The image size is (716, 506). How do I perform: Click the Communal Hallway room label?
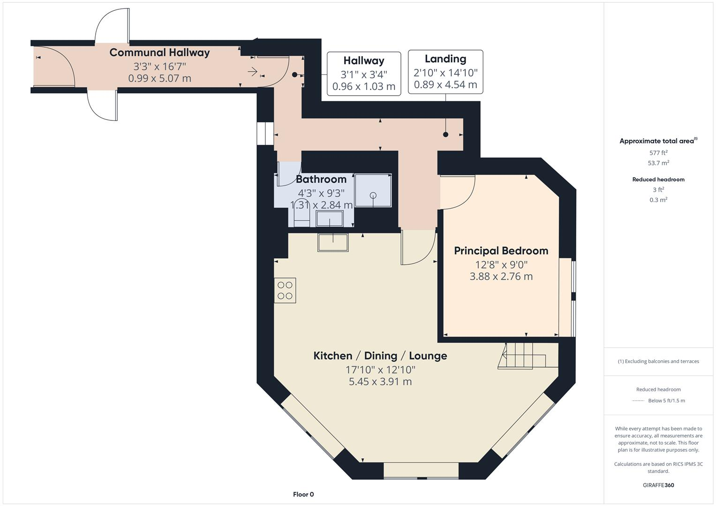click(159, 52)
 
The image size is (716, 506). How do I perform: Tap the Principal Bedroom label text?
click(501, 251)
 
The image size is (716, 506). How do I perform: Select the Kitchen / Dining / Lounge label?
click(380, 356)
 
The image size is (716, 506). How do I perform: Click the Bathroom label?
click(321, 179)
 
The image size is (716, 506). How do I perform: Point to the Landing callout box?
click(445, 72)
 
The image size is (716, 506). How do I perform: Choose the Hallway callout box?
click(363, 74)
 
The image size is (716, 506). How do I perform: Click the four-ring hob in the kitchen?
click(285, 290)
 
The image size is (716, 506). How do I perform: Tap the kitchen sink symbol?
click(333, 242)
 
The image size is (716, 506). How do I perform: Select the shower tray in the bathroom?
click(373, 190)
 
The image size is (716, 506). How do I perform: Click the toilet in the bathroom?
click(301, 216)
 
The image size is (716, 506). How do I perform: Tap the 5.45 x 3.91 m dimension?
click(380, 382)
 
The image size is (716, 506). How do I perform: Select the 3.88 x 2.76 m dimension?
click(501, 276)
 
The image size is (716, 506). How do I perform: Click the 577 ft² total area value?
click(658, 153)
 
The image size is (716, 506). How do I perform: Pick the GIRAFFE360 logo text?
click(658, 485)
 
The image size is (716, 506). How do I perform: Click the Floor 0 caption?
click(303, 494)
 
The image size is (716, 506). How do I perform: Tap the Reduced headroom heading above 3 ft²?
click(658, 179)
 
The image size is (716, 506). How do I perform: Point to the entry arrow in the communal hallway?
click(252, 72)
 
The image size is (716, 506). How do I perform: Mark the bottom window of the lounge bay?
click(421, 470)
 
